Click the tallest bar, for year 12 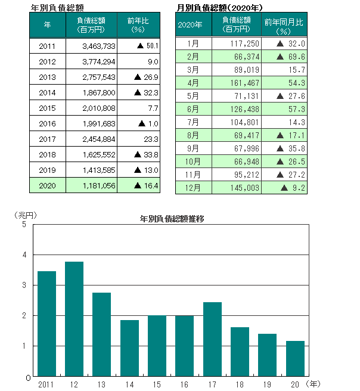74,319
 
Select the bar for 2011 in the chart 46,324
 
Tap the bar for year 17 212,339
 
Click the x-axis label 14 129,384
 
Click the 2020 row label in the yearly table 47,185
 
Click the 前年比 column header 138,24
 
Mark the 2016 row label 47,123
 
